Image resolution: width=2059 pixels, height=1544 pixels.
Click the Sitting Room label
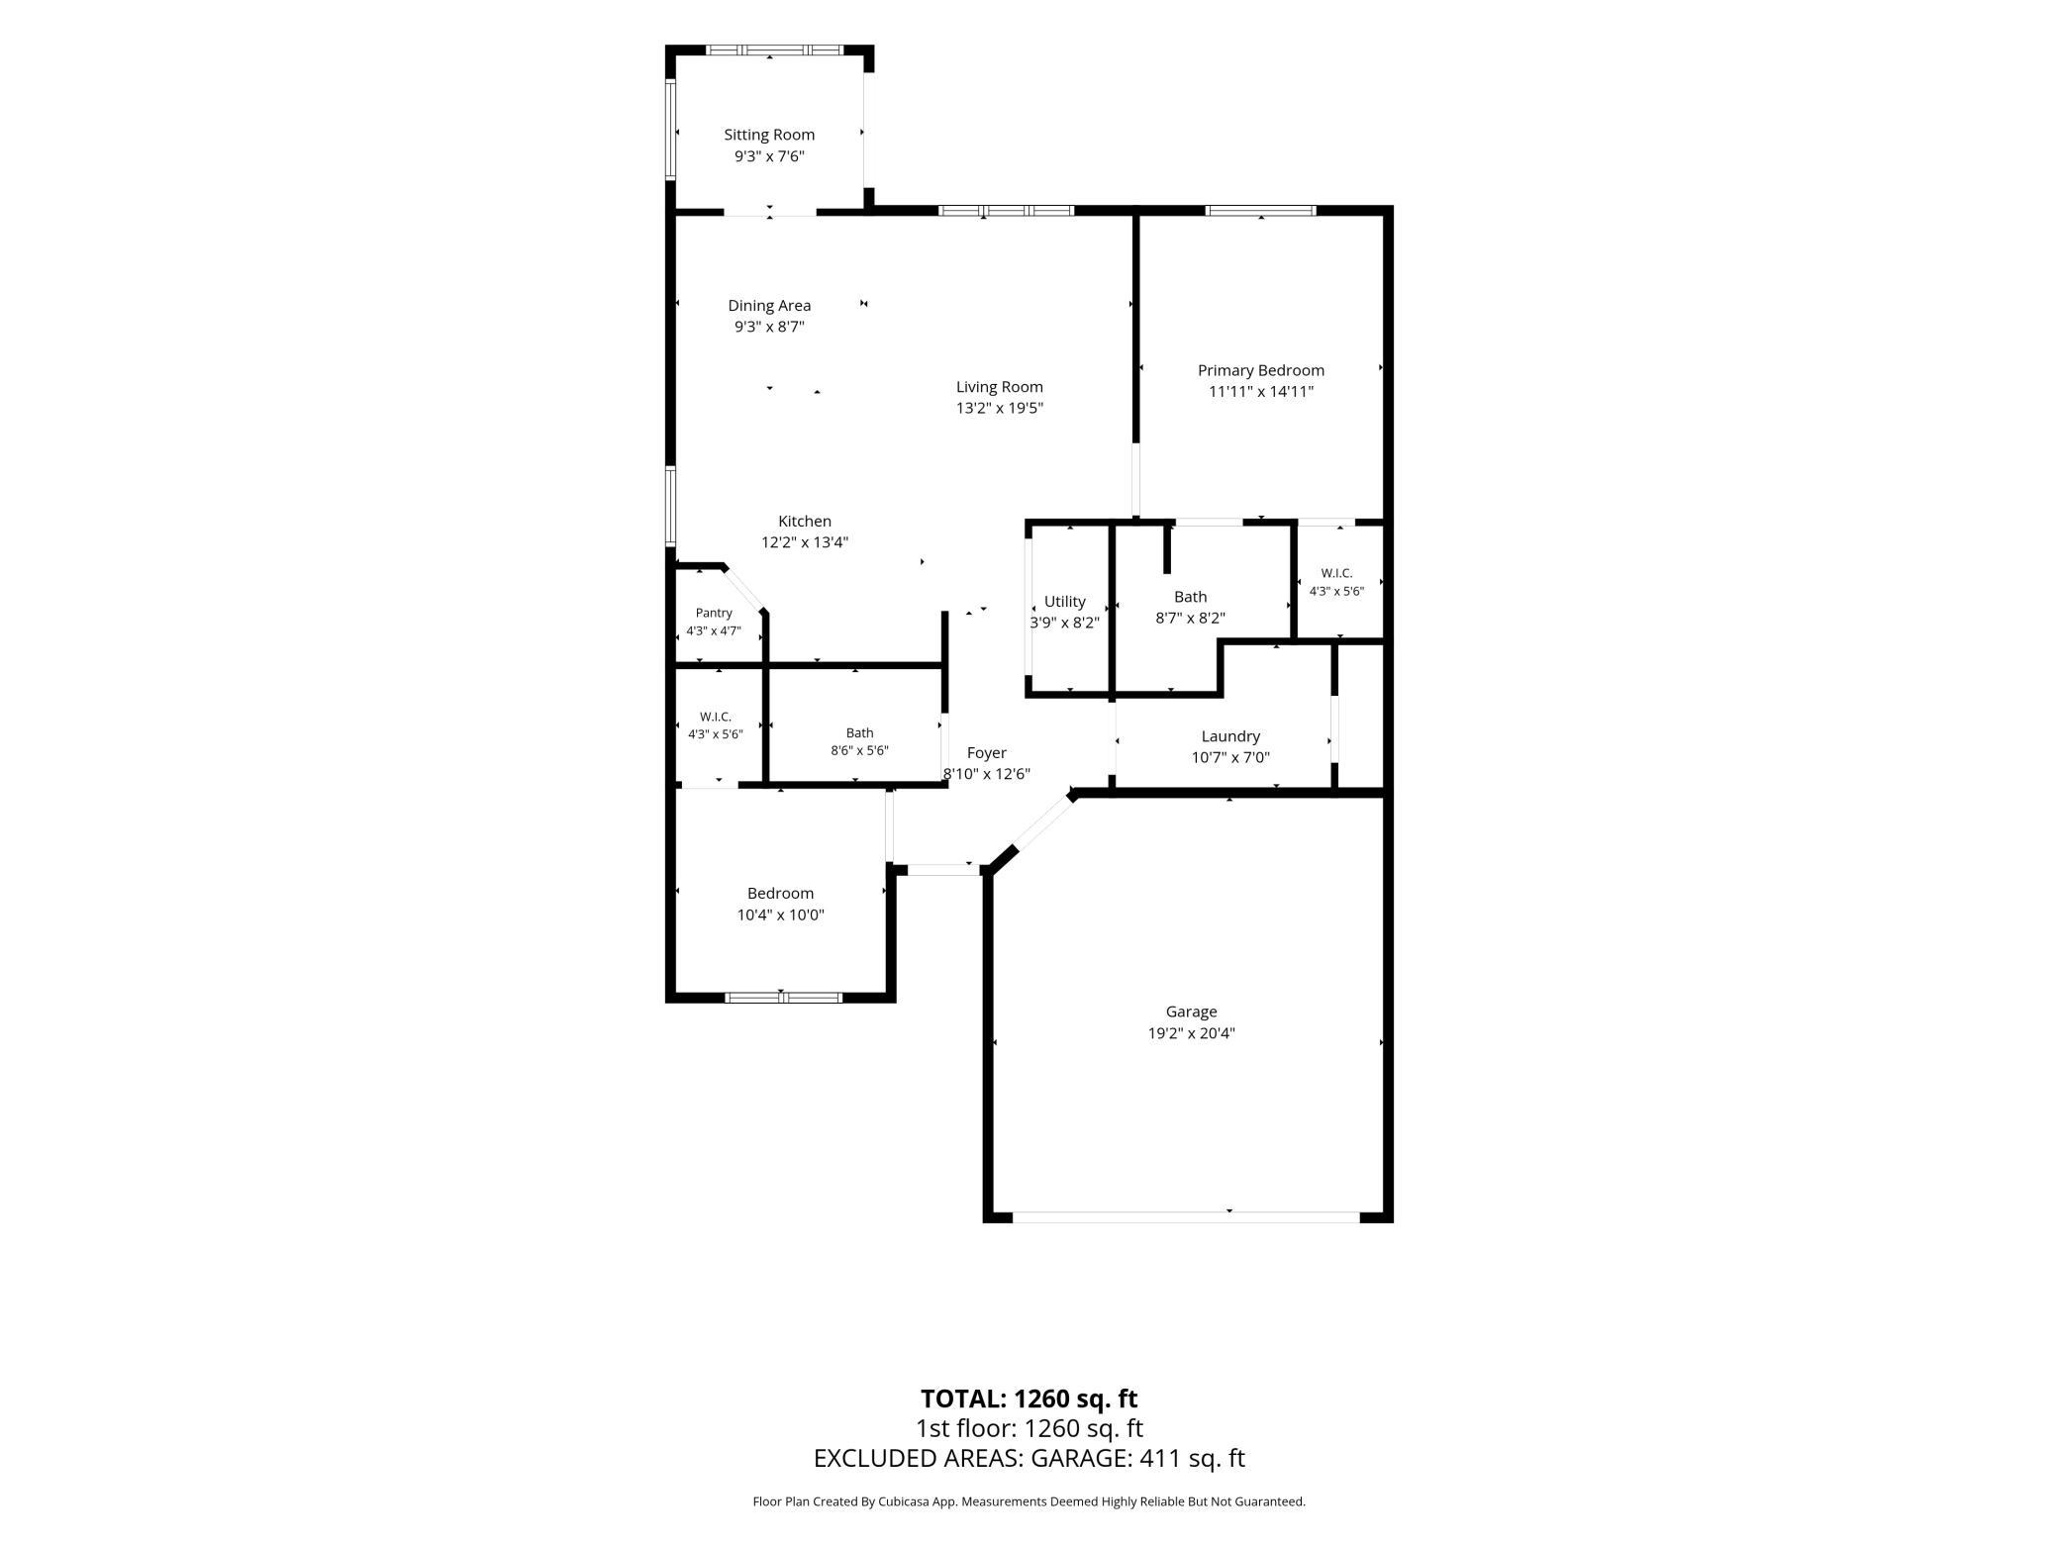769,135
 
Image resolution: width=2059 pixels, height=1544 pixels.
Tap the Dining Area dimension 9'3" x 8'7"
769,327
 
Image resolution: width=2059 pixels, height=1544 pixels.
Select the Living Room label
1000,387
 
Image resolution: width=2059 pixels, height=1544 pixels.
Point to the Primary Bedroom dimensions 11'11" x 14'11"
1261,391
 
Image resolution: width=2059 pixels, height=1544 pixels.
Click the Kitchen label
805,522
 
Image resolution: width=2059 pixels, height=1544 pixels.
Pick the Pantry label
714,614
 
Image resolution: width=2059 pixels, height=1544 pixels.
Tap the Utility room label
1065,602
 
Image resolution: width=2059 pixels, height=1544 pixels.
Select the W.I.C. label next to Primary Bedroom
1336,573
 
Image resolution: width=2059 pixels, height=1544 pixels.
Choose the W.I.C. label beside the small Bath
716,717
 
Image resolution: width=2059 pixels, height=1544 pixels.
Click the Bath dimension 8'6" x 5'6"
859,750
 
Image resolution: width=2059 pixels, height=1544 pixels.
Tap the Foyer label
987,753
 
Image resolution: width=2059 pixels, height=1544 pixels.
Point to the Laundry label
1230,736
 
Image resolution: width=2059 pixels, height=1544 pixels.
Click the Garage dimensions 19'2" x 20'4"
1191,1033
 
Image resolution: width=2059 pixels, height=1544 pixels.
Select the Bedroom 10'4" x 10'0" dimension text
780,915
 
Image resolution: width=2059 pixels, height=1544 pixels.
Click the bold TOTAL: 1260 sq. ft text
1029,1399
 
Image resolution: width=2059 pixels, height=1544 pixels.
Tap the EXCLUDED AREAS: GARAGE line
1029,1458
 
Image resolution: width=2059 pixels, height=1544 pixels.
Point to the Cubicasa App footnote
1029,1501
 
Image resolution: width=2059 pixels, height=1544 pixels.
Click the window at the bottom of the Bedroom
783,998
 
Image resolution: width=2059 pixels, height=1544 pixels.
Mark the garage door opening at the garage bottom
1186,1216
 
